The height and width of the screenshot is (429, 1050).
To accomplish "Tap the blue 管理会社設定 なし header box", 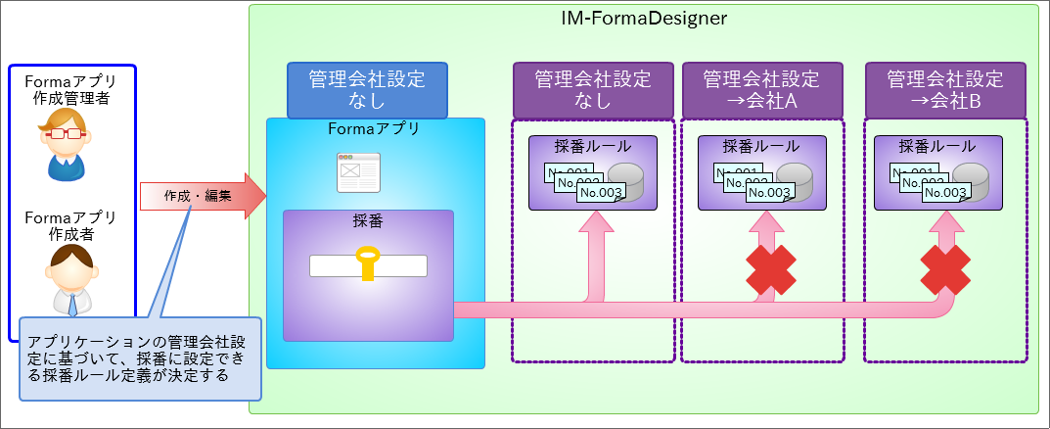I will coord(368,90).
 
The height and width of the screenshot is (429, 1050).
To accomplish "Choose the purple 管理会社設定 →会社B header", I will coord(944,90).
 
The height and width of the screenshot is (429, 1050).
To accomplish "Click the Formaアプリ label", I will coord(375,129).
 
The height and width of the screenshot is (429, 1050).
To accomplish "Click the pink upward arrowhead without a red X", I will coord(596,224).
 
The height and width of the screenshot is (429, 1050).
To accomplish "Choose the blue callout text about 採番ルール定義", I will coord(140,358).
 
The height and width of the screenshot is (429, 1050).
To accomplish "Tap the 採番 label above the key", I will coord(368,221).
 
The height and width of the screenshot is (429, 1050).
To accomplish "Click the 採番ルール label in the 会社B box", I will coord(936,147).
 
